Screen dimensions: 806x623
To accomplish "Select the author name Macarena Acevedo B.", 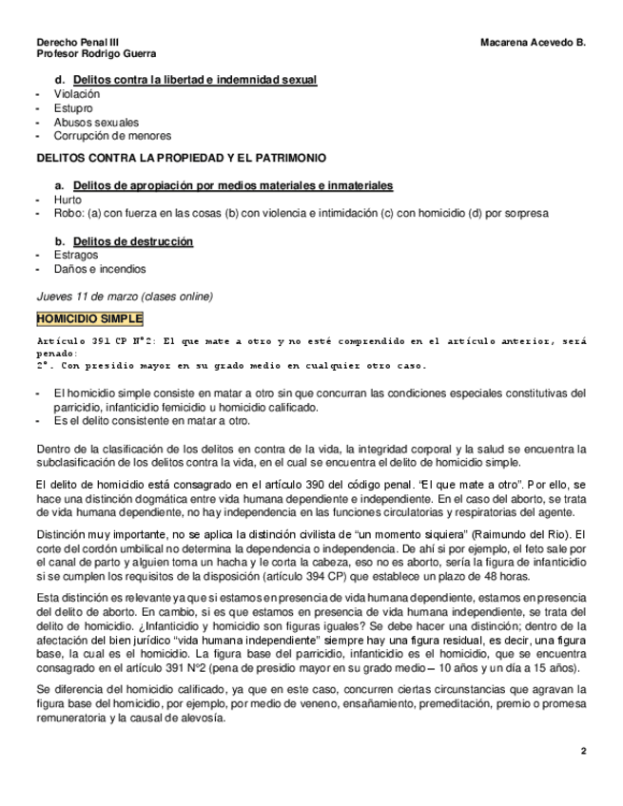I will pos(533,43).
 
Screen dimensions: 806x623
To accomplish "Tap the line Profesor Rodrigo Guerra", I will pos(96,55).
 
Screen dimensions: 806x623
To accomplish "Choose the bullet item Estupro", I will pos(74,108).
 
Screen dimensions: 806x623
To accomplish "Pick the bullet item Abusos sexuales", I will pos(96,123).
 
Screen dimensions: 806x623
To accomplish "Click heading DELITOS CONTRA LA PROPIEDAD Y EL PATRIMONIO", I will pos(180,156).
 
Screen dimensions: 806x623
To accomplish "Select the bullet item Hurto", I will pos(68,201).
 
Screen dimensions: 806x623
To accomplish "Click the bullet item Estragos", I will pos(76,256).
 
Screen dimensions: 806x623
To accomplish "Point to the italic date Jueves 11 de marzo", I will pos(87,296).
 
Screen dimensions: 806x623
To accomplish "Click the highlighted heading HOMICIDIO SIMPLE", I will pos(89,317).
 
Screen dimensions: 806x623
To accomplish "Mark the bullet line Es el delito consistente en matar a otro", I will pos(152,421).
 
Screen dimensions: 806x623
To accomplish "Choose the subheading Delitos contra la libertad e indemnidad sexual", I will pos(195,80).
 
